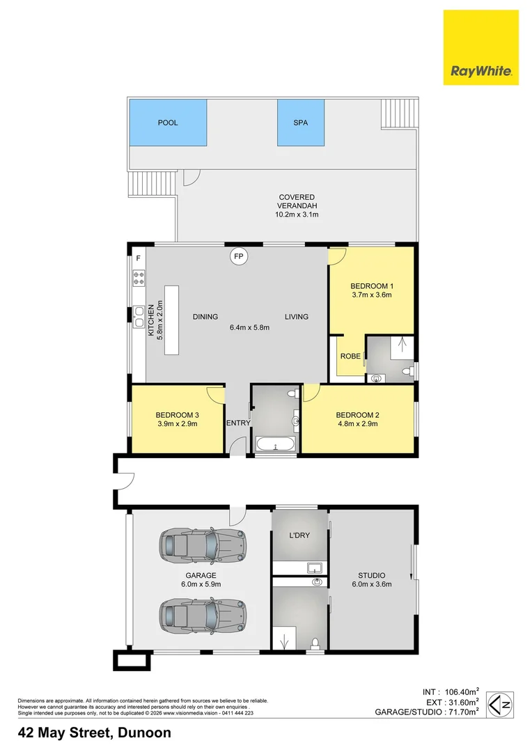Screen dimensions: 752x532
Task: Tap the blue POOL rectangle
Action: coord(167,123)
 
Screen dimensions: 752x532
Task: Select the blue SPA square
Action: coord(301,123)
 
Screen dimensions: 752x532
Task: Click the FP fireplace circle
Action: coord(239,257)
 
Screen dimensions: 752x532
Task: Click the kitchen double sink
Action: coord(139,316)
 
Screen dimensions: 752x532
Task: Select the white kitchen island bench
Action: coord(171,320)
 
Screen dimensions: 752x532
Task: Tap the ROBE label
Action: coord(350,357)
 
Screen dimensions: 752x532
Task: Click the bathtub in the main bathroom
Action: coord(276,444)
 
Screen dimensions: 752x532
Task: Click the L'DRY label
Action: coord(299,535)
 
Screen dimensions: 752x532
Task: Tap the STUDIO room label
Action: coord(372,575)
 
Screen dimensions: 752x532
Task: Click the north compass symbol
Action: coord(501,705)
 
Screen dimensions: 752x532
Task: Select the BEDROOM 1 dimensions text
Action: coord(371,295)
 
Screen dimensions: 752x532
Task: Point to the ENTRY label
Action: coord(237,423)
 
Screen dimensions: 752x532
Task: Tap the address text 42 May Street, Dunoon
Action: coord(94,733)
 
